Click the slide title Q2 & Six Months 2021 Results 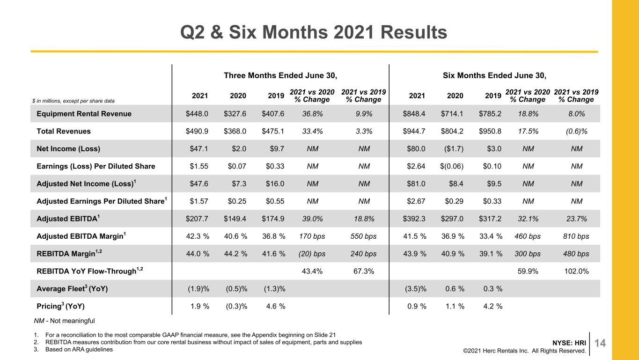tap(314, 32)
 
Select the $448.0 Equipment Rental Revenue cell tap(197, 114)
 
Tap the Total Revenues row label tap(64, 131)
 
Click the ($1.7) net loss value tap(454, 148)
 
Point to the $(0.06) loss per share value tap(452, 166)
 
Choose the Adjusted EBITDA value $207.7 tap(197, 219)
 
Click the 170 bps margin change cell tap(312, 236)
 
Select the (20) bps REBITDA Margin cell tap(312, 254)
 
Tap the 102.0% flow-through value tap(577, 271)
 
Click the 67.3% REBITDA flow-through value tap(364, 271)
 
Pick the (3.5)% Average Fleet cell tap(416, 289)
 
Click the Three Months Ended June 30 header tap(280, 75)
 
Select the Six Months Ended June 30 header tap(495, 75)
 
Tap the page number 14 tap(600, 343)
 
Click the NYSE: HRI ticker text tap(569, 343)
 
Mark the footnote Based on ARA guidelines tap(79, 349)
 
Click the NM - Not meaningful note tap(64, 321)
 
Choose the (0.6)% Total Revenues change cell tap(577, 131)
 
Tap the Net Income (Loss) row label tap(68, 149)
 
